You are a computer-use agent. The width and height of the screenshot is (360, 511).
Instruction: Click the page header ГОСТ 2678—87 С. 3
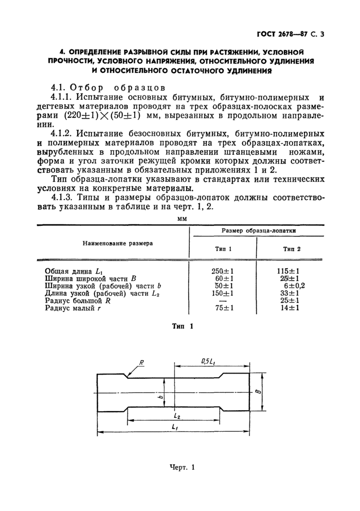point(291,34)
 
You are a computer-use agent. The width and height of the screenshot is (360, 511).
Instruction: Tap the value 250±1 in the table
point(223,271)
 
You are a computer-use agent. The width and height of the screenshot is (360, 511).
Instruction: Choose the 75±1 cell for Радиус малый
point(223,308)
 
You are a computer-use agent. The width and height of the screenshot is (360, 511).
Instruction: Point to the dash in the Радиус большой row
point(223,301)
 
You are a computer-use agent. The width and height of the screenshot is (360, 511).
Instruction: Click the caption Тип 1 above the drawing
point(183,326)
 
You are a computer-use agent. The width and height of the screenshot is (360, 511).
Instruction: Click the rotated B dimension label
point(272,392)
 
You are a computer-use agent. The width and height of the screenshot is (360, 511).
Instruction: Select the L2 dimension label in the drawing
point(177,415)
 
